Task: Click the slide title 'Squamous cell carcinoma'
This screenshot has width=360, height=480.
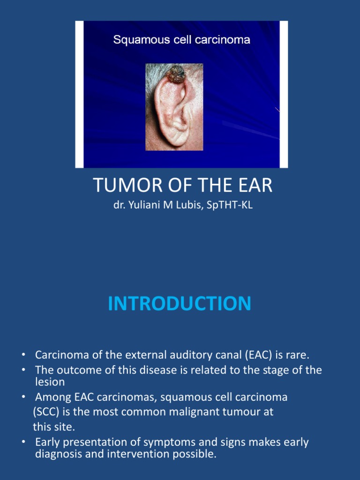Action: tap(181, 40)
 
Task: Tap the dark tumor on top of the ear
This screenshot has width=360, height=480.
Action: tap(177, 75)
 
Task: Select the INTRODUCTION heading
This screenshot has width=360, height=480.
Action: tap(180, 304)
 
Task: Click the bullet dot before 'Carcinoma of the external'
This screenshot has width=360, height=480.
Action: tap(23, 354)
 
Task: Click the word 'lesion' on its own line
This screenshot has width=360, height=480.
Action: tap(50, 382)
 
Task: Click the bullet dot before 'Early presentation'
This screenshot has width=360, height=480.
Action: tap(23, 442)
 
